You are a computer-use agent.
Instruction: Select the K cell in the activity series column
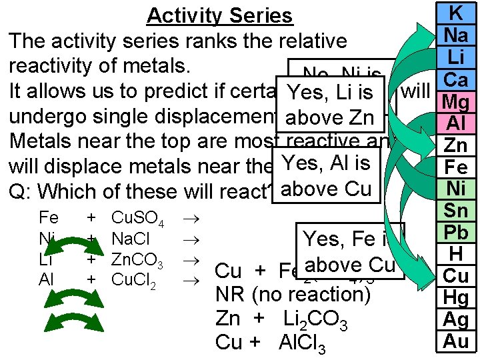(457, 12)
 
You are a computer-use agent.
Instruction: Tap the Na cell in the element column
(457, 34)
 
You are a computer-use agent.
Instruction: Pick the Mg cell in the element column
(457, 102)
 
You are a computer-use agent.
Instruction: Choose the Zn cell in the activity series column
(457, 145)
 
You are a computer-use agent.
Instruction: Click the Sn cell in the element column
(457, 211)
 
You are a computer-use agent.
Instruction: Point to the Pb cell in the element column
(457, 233)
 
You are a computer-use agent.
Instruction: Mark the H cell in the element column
(457, 254)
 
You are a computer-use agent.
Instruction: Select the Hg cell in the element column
(457, 298)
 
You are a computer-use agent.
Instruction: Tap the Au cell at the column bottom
(457, 341)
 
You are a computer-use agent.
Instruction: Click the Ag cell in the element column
(457, 320)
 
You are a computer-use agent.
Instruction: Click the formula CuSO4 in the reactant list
(137, 219)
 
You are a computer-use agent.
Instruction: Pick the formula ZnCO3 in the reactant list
(137, 259)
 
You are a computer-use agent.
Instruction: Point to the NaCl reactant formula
(131, 239)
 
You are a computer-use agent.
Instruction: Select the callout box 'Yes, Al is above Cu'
(327, 175)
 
